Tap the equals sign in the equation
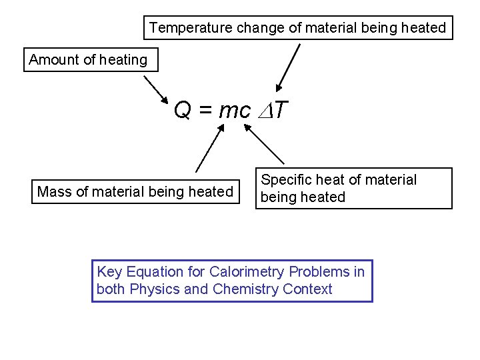tap(205, 111)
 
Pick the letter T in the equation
tap(279, 110)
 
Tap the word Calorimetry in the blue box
tap(247, 272)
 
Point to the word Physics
tap(154, 289)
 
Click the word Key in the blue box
tap(109, 272)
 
